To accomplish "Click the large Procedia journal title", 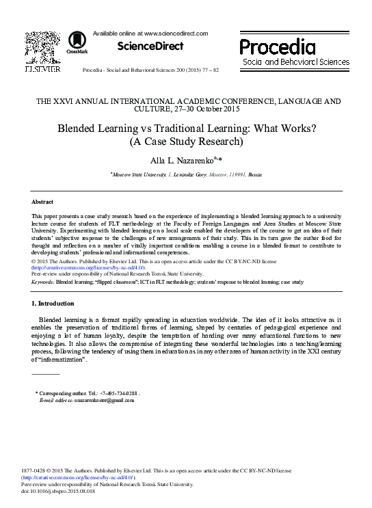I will [278, 46].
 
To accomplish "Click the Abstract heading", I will [42, 202].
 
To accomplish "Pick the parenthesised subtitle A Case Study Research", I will [185, 142].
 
